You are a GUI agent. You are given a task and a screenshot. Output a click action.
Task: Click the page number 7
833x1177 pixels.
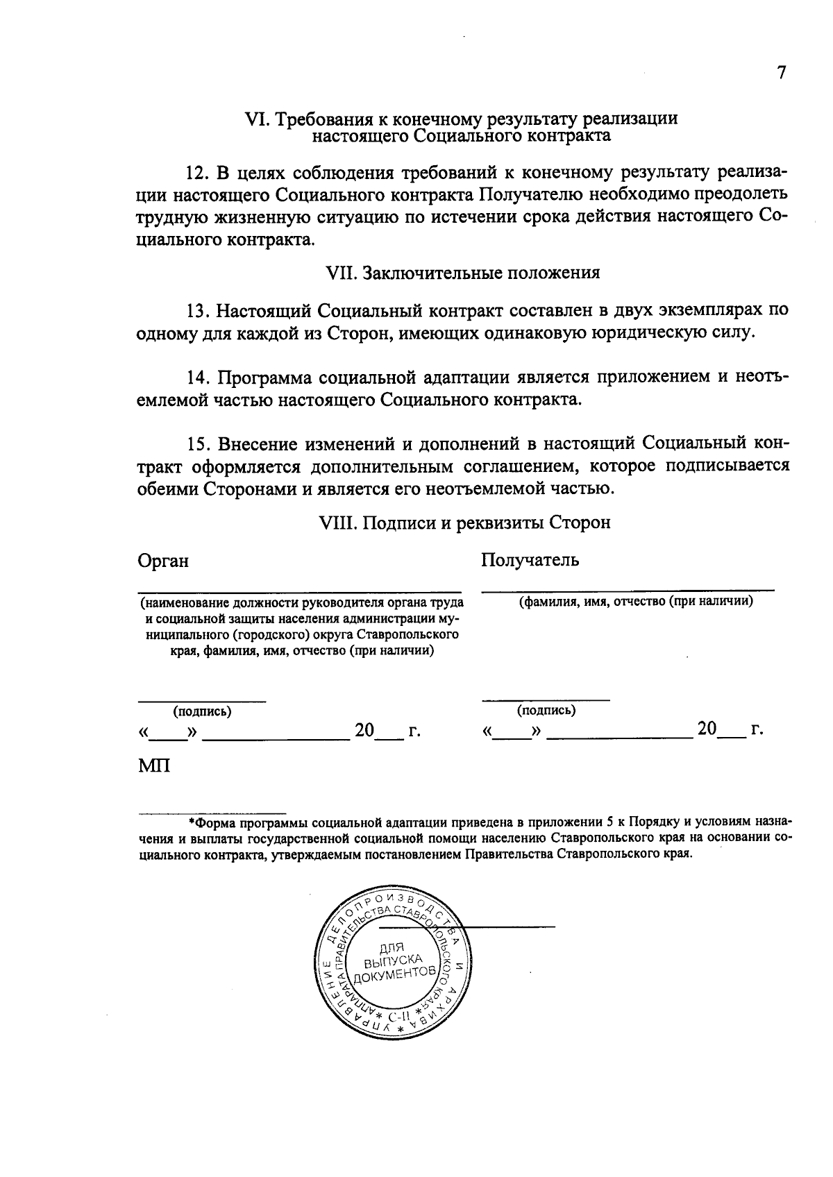click(x=782, y=74)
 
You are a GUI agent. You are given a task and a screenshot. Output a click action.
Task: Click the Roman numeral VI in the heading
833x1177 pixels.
click(x=256, y=119)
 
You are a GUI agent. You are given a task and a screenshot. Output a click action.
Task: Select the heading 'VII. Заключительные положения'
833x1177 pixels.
click(x=462, y=273)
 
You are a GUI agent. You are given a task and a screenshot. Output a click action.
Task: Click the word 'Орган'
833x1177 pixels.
click(x=163, y=561)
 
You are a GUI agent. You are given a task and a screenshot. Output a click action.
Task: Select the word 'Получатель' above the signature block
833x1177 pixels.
click(x=530, y=560)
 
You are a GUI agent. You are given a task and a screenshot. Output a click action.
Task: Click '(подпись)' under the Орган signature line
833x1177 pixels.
click(x=202, y=712)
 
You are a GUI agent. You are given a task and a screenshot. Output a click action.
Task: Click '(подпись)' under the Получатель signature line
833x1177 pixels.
click(x=546, y=711)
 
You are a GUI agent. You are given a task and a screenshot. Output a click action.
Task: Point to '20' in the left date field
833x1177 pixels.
click(x=365, y=731)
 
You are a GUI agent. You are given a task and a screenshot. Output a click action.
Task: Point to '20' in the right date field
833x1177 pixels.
click(x=707, y=729)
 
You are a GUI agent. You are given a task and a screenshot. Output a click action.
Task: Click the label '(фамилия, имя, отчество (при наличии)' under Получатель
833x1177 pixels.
click(x=637, y=602)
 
